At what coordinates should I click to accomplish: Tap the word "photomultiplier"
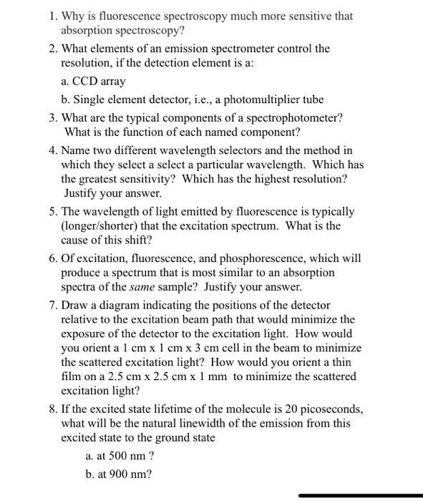243,99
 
